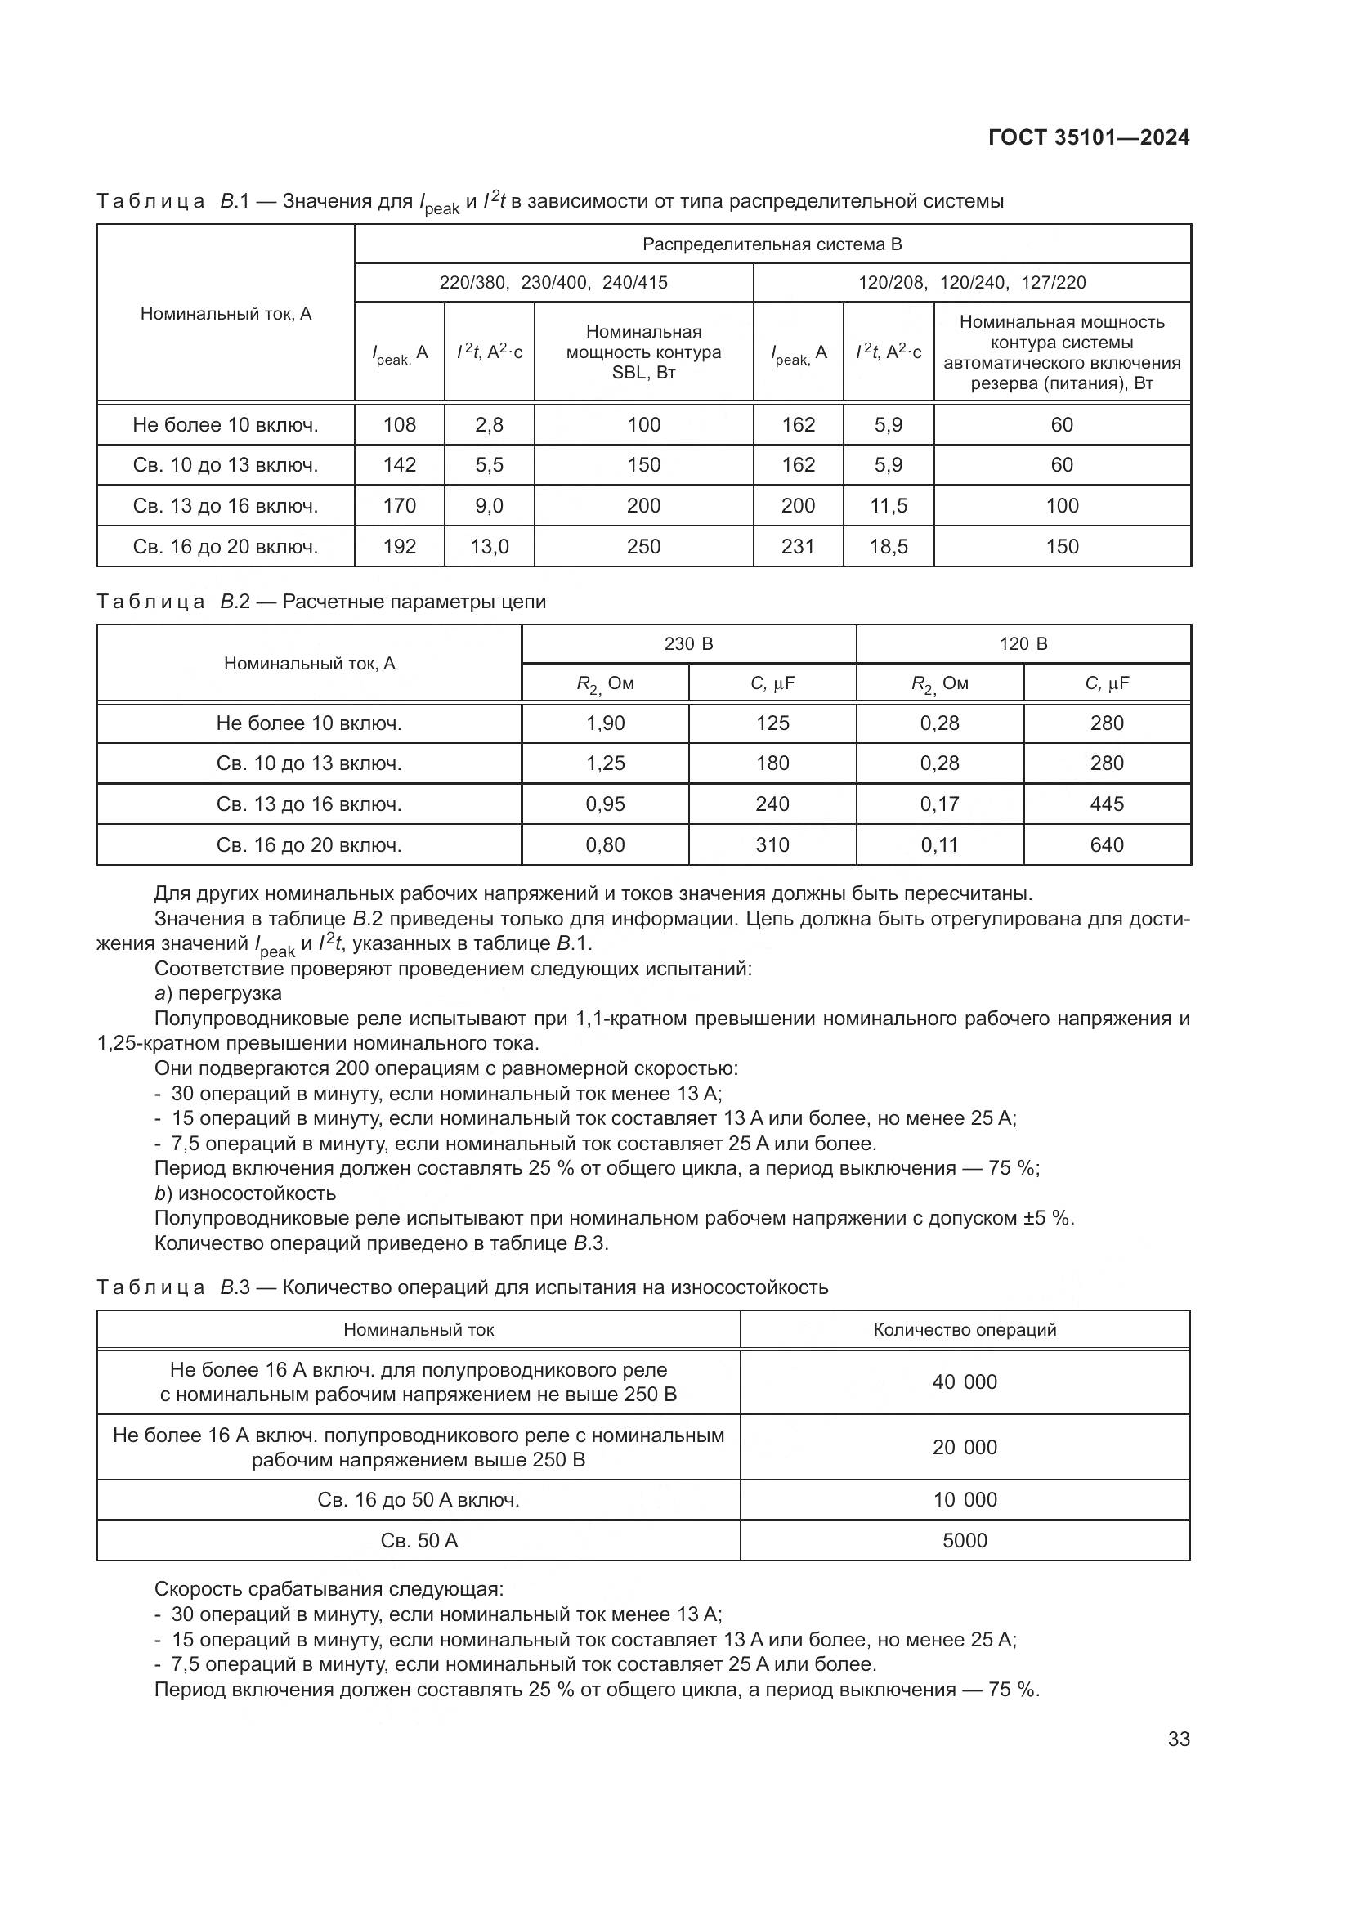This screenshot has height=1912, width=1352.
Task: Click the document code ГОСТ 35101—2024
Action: pos(1088,138)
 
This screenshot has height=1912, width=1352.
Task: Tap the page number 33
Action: pos(1178,1739)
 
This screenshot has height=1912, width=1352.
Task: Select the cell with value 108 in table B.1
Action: pos(400,425)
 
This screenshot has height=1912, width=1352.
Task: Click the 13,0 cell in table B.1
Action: pos(490,546)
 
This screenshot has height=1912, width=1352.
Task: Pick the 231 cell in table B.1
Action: pos(798,546)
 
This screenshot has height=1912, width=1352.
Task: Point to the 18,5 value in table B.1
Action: pos(889,546)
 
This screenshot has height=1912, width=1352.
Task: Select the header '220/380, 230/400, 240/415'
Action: pos(553,282)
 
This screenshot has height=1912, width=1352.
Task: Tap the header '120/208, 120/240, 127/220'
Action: pos(972,282)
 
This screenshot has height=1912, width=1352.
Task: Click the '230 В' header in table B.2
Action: pos(688,643)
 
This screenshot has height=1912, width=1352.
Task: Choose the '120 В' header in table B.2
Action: pos(1023,643)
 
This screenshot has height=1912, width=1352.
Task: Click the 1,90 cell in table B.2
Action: pos(605,723)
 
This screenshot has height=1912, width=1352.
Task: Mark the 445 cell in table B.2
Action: pos(1107,804)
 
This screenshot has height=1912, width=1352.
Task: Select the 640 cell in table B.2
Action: pos(1107,844)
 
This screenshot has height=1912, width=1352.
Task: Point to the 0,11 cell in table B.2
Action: pos(939,844)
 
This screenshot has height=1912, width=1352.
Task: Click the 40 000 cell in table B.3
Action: pos(964,1381)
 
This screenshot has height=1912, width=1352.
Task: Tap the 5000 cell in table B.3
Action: pos(964,1540)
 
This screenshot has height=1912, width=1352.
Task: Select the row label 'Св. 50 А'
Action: pos(419,1541)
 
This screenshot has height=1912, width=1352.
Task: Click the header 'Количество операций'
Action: pos(964,1329)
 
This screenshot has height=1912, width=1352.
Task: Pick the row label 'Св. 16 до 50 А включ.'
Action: pos(419,1500)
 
